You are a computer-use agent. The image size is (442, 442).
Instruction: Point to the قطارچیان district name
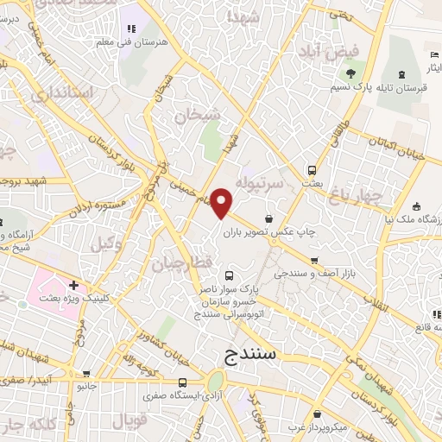pos(178,262)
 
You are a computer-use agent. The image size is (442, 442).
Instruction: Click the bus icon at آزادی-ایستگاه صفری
pos(182,382)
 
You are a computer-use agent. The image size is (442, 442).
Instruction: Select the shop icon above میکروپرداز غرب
pos(318,414)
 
